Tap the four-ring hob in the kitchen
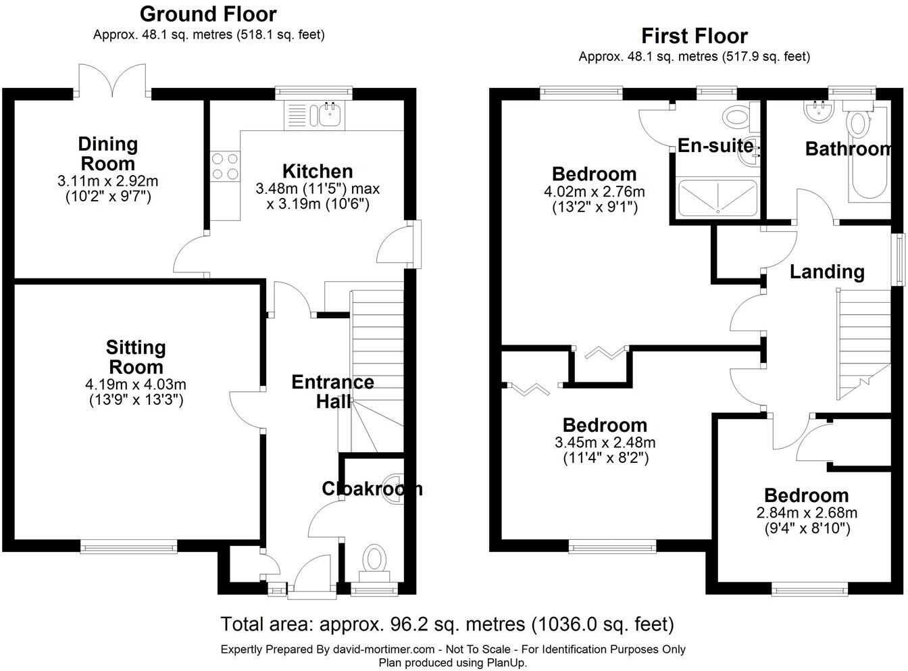[225, 166]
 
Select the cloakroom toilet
[374, 560]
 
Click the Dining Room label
[108, 153]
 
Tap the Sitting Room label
[136, 357]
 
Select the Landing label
[827, 272]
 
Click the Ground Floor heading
[208, 14]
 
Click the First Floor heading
[694, 35]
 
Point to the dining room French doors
[111, 81]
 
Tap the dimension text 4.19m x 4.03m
[136, 384]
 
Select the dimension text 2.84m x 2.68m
[805, 513]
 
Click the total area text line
[447, 624]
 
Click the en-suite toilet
[736, 116]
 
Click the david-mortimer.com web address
[384, 649]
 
